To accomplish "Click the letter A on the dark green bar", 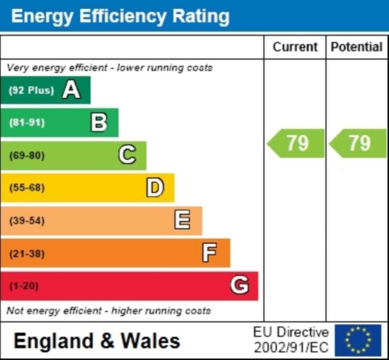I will tap(71, 90).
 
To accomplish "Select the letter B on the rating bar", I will tap(99, 123).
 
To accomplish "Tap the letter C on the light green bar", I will tap(127, 155).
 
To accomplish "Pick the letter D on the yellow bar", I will tap(155, 188).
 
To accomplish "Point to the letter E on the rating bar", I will tap(182, 220).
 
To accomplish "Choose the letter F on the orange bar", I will tap(210, 253).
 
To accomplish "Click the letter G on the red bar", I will tap(239, 286).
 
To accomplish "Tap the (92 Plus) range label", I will tap(31, 90).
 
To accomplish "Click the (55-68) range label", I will tap(27, 188).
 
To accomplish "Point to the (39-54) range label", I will tap(27, 220).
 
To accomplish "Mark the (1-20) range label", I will tap(23, 286).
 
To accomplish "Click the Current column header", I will tap(295, 47).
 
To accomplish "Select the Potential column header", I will tap(356, 47).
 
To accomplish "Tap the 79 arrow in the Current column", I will tap(296, 143).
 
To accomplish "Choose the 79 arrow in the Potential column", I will tap(358, 143).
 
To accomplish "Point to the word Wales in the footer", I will tap(150, 341).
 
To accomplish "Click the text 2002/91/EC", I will tap(291, 348).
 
